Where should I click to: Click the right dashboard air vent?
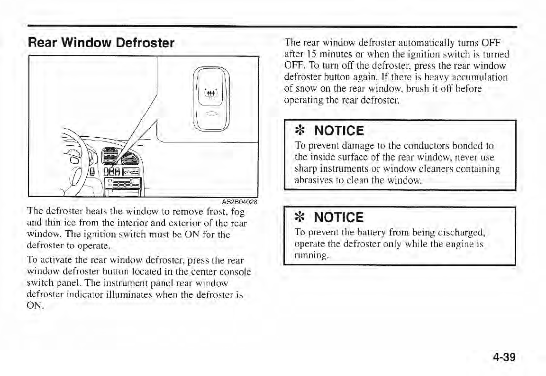click(x=131, y=159)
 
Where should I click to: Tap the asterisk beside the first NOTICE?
click(x=300, y=131)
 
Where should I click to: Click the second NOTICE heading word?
click(x=338, y=218)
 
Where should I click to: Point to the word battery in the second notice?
click(x=361, y=233)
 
